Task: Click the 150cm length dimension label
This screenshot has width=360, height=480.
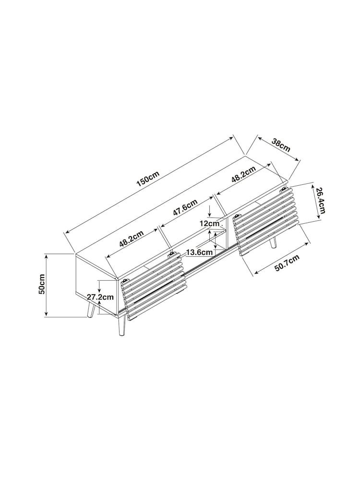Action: pyautogui.click(x=148, y=179)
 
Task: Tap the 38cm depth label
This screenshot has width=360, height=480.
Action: pyautogui.click(x=281, y=145)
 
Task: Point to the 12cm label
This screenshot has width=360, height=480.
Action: pyautogui.click(x=209, y=224)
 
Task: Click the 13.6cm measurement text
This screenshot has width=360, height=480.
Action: pyautogui.click(x=199, y=252)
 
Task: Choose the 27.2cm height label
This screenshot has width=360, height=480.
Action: pyautogui.click(x=100, y=297)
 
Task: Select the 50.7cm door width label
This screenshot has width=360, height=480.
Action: pyautogui.click(x=287, y=263)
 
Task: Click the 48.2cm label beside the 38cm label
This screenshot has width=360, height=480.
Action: pyautogui.click(x=243, y=175)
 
